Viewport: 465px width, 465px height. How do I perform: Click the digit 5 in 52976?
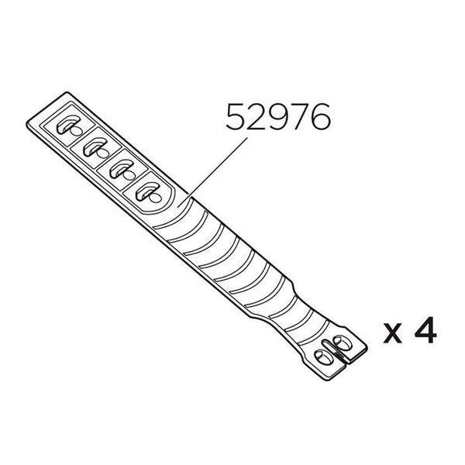[235, 117]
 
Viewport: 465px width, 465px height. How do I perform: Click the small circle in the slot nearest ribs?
[144, 193]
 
